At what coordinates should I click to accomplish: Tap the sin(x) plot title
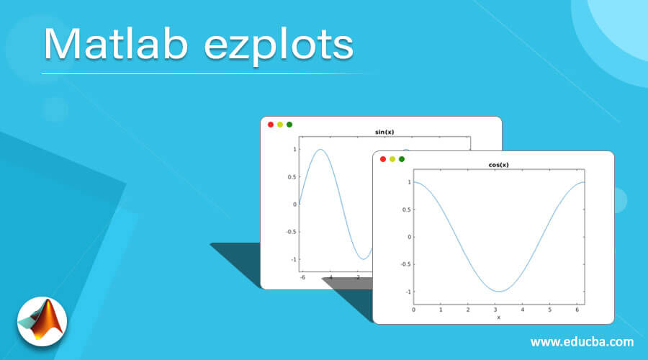[384, 132]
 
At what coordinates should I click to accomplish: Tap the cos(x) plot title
[498, 165]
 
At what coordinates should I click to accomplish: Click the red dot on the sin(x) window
[271, 125]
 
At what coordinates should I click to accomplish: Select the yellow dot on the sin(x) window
[280, 125]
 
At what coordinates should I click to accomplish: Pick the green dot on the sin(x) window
[289, 125]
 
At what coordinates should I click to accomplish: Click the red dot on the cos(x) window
[383, 159]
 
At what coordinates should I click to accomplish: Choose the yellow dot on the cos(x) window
[392, 159]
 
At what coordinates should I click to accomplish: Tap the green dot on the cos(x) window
[402, 159]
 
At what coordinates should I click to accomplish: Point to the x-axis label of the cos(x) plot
[498, 317]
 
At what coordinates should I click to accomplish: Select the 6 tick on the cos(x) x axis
[577, 310]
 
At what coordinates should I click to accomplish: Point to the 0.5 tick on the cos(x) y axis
[407, 210]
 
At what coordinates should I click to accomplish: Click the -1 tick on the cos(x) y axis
[408, 292]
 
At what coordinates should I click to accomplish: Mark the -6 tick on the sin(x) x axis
[303, 277]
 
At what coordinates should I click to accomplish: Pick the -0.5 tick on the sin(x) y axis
[290, 232]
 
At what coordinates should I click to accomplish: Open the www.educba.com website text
[582, 341]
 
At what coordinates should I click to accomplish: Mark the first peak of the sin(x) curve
[320, 150]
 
